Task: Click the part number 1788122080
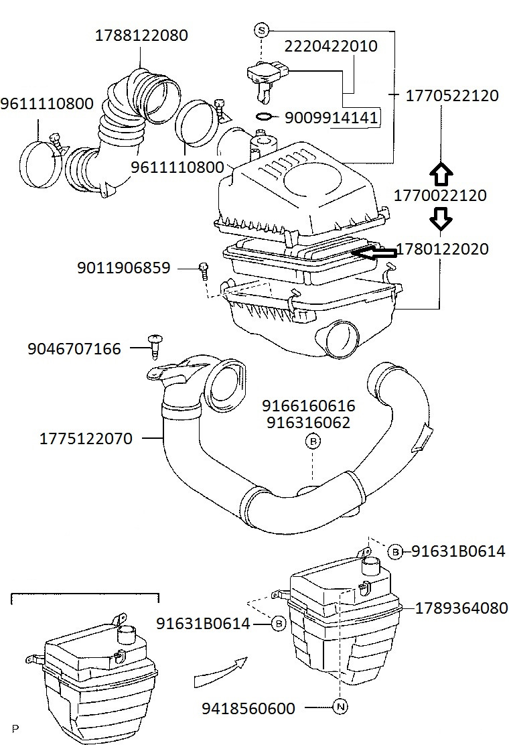coord(141,35)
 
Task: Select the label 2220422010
coord(331,46)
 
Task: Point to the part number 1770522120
coord(452,96)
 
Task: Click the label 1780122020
coord(442,249)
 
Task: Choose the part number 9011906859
coord(123,268)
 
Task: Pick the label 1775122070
coord(86,439)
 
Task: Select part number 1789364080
coord(461,608)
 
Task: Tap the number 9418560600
coord(248,708)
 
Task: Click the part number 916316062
coord(307,423)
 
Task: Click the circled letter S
coord(262,29)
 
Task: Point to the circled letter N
coord(340,706)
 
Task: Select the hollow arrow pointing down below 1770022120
coord(441,218)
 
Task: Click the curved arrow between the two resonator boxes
coord(218,673)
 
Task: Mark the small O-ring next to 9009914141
coord(265,117)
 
